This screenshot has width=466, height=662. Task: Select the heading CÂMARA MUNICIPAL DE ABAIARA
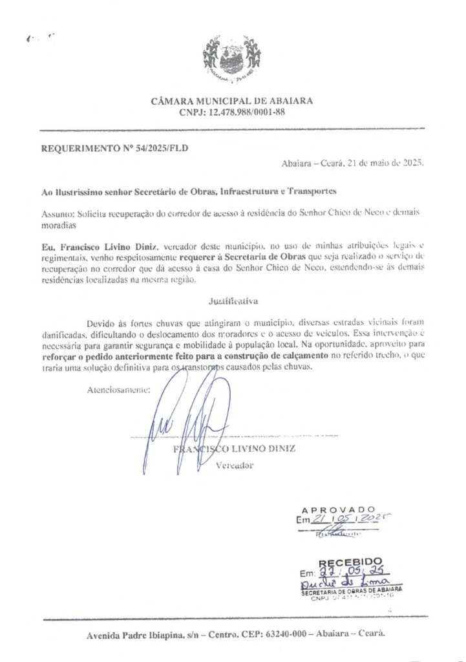232,101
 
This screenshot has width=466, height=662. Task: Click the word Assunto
58,212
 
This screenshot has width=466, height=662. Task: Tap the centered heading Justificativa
233,301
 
